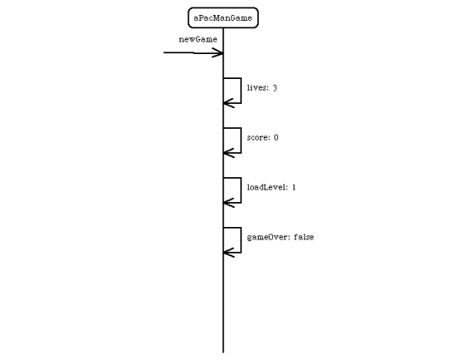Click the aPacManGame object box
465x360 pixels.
(223, 17)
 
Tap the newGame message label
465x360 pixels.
(198, 39)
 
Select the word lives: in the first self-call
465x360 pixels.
(258, 87)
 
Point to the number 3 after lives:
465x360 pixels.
(275, 88)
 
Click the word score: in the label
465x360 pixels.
(259, 138)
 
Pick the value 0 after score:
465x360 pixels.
(276, 137)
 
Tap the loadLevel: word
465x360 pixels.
(267, 187)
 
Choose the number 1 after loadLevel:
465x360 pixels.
(294, 187)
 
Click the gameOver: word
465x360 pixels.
(269, 237)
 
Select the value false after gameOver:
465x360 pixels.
(304, 237)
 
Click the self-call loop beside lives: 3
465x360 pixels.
(241, 91)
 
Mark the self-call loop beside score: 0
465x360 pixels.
(241, 141)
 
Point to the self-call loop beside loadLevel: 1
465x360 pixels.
(241, 190)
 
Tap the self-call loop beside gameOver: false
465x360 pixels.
(241, 239)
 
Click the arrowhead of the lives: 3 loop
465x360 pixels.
(225, 103)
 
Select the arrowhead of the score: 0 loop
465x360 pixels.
(225, 153)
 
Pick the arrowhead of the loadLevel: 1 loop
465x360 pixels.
(225, 203)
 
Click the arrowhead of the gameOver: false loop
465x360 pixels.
(225, 253)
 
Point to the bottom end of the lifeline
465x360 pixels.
(223, 353)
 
